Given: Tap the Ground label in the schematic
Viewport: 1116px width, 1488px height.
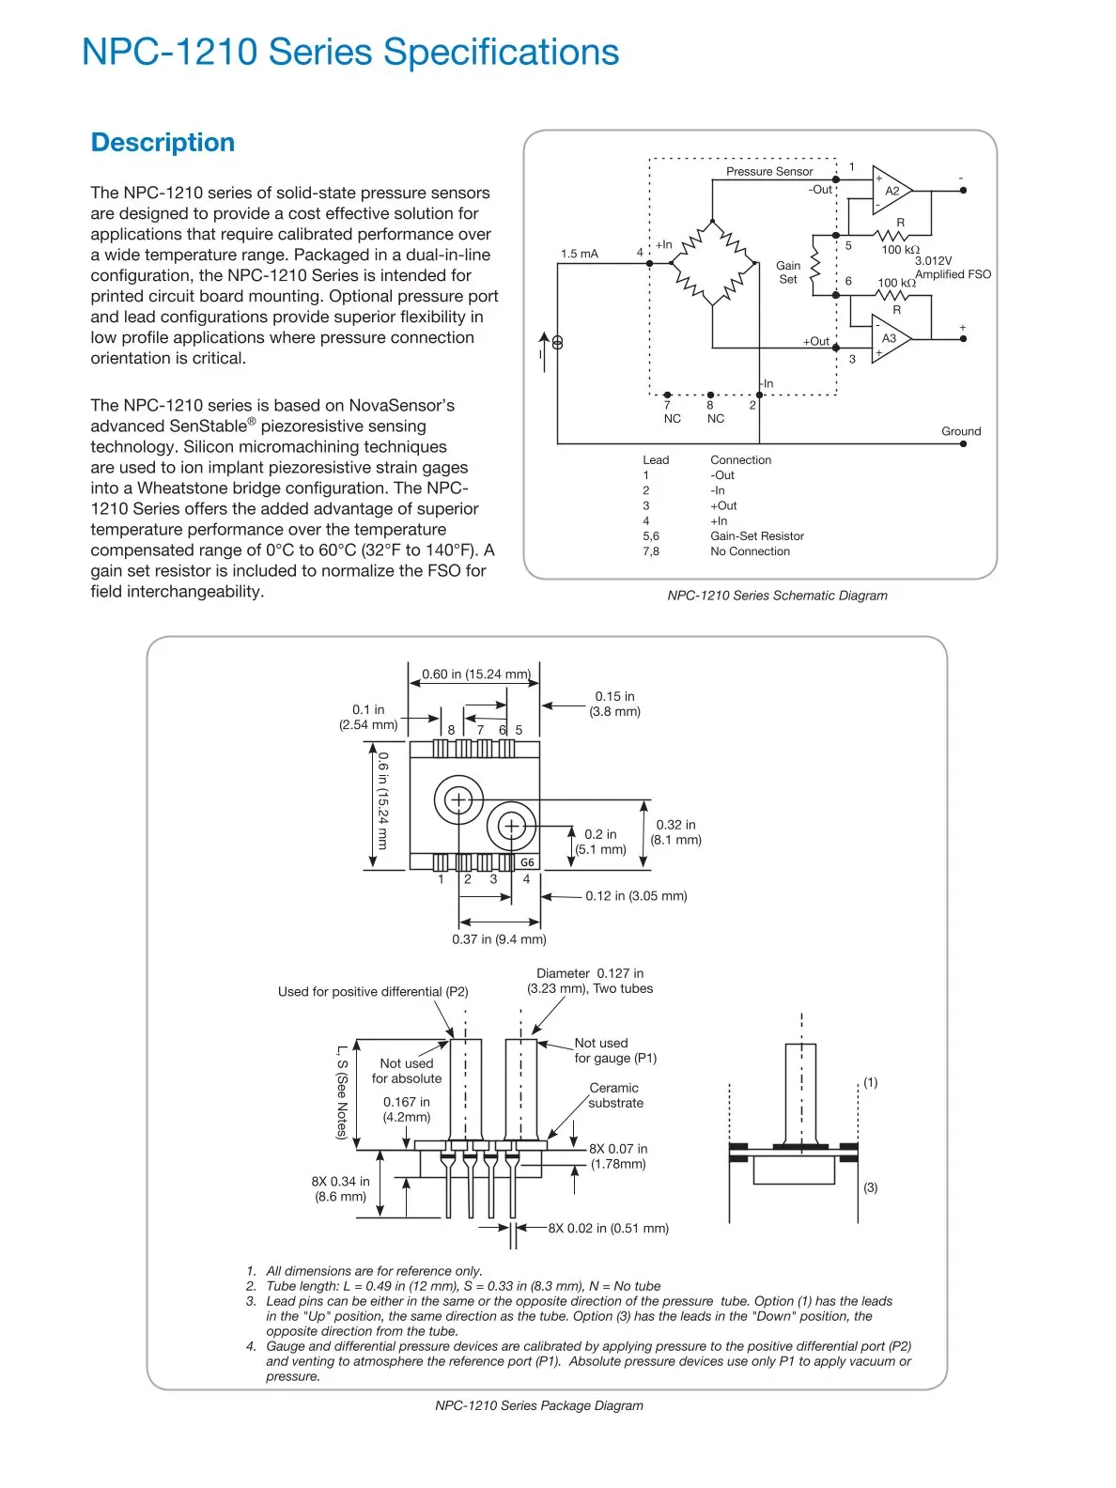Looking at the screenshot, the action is [x=960, y=431].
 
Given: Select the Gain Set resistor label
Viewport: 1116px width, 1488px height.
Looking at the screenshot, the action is [x=788, y=271].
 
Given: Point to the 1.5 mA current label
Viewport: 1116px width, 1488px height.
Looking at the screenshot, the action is [x=580, y=254].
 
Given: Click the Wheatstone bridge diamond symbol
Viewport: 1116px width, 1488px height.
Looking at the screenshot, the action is [x=712, y=263].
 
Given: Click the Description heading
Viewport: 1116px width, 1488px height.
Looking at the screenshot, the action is [x=163, y=143].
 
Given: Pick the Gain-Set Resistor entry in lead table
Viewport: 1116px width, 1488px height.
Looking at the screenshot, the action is [x=757, y=535].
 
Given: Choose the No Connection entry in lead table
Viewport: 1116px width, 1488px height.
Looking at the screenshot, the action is [x=750, y=551].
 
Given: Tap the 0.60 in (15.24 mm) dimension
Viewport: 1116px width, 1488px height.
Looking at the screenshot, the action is [x=475, y=674].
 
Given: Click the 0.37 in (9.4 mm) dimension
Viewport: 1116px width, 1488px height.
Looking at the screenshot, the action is [x=499, y=938].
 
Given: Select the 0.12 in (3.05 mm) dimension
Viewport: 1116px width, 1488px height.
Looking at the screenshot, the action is [x=636, y=895].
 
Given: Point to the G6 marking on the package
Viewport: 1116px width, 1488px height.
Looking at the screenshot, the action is [x=527, y=862].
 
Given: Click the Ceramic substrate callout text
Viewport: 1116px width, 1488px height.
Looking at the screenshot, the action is [x=614, y=1094].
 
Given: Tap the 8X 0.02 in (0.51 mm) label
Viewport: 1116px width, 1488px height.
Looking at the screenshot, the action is [x=608, y=1228].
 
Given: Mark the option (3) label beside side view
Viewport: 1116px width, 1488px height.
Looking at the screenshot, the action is [x=870, y=1187].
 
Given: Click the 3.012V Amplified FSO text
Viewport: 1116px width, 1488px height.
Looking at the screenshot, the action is [x=953, y=267].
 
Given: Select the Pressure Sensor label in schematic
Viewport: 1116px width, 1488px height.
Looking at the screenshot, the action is [x=769, y=172].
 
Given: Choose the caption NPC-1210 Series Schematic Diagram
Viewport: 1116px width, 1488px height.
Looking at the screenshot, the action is [x=777, y=596].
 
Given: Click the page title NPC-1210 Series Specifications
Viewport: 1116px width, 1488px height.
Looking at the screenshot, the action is [x=350, y=52].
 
